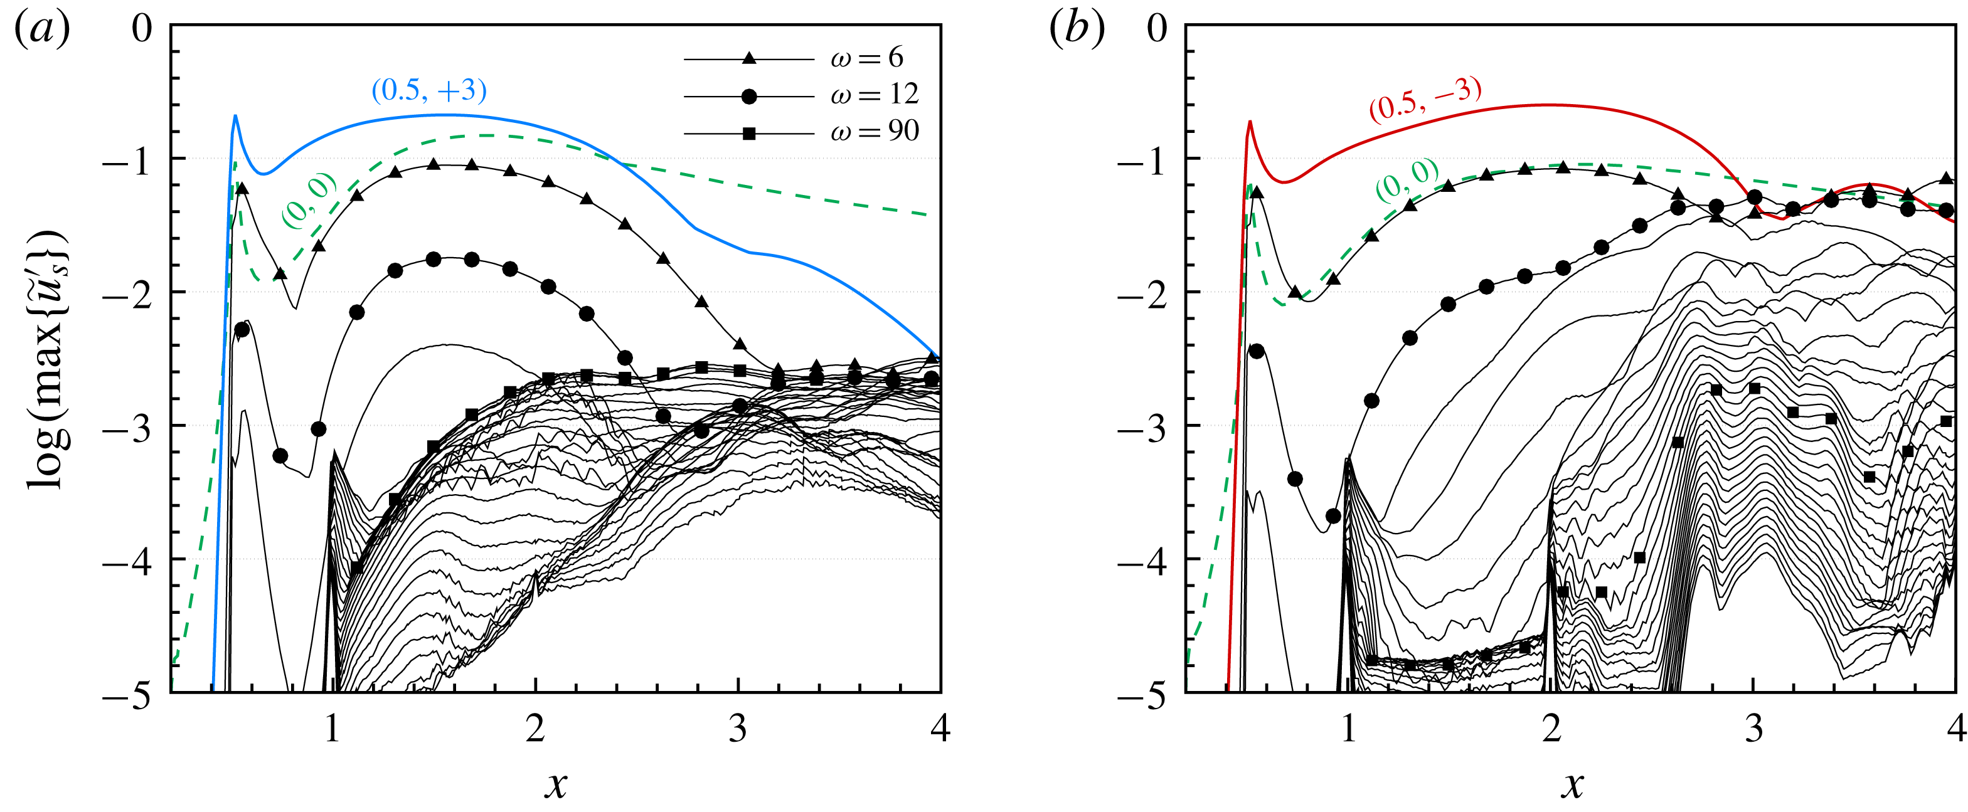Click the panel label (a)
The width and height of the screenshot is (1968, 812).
[42, 31]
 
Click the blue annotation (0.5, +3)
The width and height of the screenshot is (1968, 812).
[428, 90]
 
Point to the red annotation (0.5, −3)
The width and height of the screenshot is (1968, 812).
[1425, 99]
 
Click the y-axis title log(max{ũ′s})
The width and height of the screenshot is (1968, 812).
[48, 359]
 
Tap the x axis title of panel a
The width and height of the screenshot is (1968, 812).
[556, 783]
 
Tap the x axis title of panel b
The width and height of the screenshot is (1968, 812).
[1572, 783]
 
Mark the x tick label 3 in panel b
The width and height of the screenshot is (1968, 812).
[1754, 729]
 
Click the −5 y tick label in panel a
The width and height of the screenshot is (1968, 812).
[126, 697]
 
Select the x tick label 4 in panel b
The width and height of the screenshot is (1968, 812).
[1956, 729]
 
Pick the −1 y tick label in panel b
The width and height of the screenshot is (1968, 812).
[1141, 161]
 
